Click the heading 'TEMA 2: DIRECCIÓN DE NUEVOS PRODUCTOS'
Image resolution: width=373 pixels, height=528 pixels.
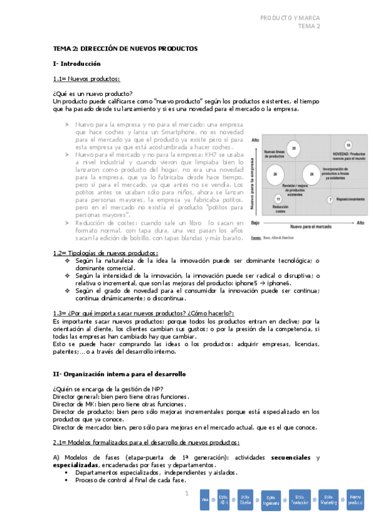pyautogui.click(x=125, y=49)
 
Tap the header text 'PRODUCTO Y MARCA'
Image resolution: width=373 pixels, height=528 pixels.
pyautogui.click(x=290, y=17)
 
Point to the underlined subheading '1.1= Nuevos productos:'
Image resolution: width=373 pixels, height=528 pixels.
pyautogui.click(x=87, y=78)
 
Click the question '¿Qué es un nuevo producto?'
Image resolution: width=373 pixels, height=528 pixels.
pyautogui.click(x=93, y=93)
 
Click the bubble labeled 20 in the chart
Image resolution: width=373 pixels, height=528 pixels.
pyautogui.click(x=293, y=148)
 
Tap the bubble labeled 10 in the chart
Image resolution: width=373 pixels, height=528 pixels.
pyautogui.click(x=348, y=144)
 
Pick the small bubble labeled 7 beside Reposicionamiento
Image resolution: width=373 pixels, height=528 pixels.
pyautogui.click(x=330, y=199)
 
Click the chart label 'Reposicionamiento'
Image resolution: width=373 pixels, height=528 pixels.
pyautogui.click(x=350, y=199)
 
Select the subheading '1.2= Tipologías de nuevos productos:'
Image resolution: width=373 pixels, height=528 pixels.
pyautogui.click(x=105, y=253)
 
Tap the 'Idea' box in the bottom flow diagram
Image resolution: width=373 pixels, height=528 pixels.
pyautogui.click(x=204, y=499)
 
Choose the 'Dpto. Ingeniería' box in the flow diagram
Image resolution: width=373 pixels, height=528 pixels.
pyautogui.click(x=270, y=499)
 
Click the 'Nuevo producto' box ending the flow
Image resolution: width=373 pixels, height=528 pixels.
pyautogui.click(x=356, y=499)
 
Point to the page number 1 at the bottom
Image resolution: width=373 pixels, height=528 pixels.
pyautogui.click(x=186, y=494)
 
